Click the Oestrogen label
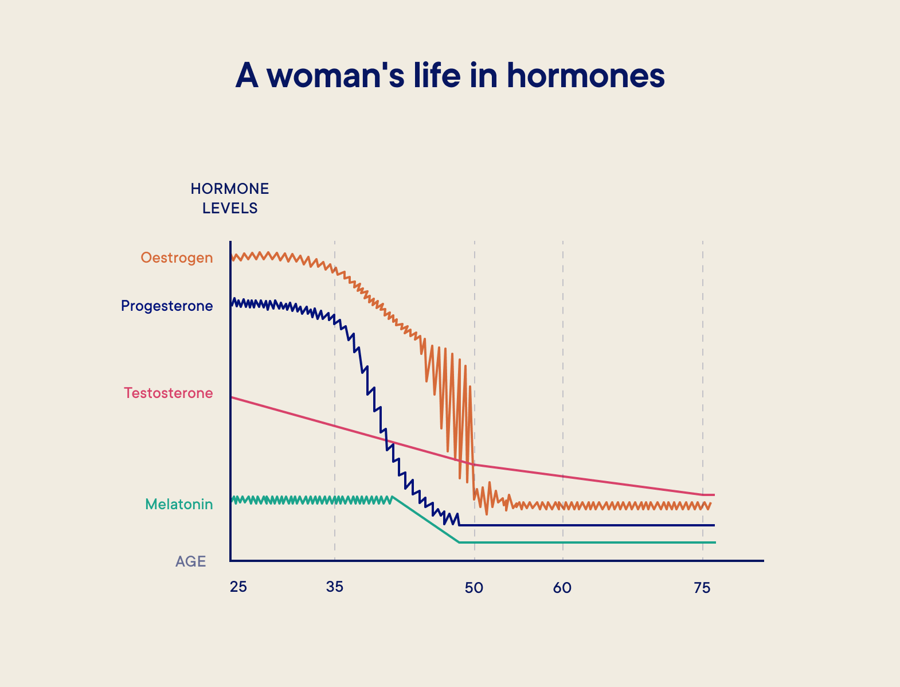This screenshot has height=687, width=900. pyautogui.click(x=177, y=258)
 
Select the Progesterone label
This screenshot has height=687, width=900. pyautogui.click(x=167, y=306)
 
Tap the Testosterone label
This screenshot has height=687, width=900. pyautogui.click(x=169, y=393)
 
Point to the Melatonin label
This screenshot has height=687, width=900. pyautogui.click(x=179, y=505)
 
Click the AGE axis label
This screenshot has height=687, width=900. pyautogui.click(x=190, y=561)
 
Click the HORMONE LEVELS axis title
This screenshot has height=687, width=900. pyautogui.click(x=230, y=198)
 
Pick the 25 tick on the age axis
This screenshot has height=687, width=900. pyautogui.click(x=238, y=588)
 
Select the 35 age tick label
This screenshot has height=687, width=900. pyautogui.click(x=335, y=588)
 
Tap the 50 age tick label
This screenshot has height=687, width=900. pyautogui.click(x=474, y=588)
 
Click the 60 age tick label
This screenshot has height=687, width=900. pyautogui.click(x=562, y=588)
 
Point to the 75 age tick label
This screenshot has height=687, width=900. pyautogui.click(x=702, y=588)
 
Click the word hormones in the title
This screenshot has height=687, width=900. pyautogui.click(x=585, y=75)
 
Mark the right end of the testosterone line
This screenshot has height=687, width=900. pyautogui.click(x=714, y=494)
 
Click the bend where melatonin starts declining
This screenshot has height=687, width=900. pyautogui.click(x=393, y=497)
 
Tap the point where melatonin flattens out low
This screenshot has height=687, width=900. pyautogui.click(x=459, y=542)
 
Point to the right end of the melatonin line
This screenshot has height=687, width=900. pyautogui.click(x=715, y=542)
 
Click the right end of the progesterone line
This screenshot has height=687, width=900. pyautogui.click(x=714, y=525)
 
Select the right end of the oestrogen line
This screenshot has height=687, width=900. pyautogui.click(x=711, y=503)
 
